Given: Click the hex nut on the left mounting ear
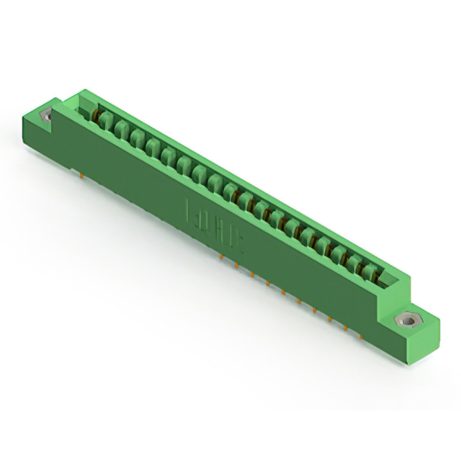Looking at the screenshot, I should (x=48, y=115).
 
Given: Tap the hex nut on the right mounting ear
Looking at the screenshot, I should (x=408, y=319).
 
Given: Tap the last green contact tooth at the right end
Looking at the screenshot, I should (x=370, y=272).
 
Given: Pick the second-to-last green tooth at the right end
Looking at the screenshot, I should (x=356, y=264).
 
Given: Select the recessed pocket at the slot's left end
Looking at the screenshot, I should (x=81, y=107).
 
